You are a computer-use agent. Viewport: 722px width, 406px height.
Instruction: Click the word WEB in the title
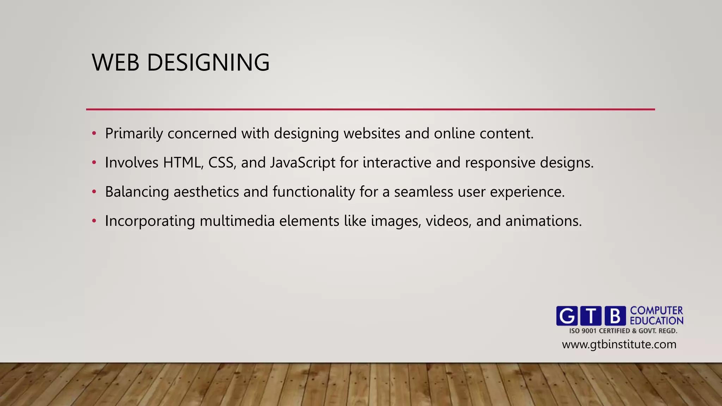[x=115, y=63]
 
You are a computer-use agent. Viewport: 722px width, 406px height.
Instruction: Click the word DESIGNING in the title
[x=208, y=63]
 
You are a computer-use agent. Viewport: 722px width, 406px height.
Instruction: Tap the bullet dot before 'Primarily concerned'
[x=94, y=134]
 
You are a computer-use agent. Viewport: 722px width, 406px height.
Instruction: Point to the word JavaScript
[x=302, y=163]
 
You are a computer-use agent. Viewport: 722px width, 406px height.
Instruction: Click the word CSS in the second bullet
[x=222, y=163]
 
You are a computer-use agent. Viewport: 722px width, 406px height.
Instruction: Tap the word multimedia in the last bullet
[x=237, y=221]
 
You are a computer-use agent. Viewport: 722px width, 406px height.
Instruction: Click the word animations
[x=543, y=221]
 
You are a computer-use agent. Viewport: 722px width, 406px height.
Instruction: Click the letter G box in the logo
[x=567, y=315]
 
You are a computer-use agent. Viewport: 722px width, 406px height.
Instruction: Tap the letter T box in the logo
[x=591, y=315]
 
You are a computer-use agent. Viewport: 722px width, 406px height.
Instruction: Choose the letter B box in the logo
[x=615, y=315]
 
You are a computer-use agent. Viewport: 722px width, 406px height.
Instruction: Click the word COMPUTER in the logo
[x=656, y=310]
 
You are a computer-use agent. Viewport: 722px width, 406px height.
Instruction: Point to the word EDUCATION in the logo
[x=656, y=321]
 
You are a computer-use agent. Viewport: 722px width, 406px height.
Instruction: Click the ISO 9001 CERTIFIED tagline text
[x=623, y=331]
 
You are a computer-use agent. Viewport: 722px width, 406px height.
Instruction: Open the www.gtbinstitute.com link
[x=619, y=344]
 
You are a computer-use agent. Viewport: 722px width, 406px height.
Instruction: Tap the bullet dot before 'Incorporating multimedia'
[x=94, y=221]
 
